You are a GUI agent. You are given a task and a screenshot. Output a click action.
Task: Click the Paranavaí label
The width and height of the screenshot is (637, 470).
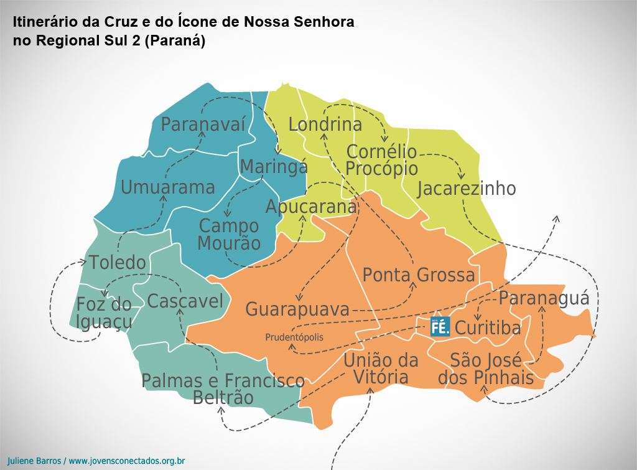tap(203, 124)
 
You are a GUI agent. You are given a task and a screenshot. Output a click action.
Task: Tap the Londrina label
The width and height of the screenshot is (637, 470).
tap(325, 125)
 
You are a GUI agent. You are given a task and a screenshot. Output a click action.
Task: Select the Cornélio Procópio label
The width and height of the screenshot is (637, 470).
tap(381, 160)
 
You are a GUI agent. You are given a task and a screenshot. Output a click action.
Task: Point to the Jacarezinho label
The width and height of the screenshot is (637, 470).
tap(466, 189)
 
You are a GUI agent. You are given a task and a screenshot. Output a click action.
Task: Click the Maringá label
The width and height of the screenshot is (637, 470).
tap(274, 167)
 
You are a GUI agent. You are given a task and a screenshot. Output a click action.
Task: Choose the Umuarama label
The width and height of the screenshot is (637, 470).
tap(167, 187)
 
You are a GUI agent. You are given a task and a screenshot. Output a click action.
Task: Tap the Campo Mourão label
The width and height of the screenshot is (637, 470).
tap(229, 234)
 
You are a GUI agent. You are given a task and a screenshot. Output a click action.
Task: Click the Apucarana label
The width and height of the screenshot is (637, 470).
tap(311, 207)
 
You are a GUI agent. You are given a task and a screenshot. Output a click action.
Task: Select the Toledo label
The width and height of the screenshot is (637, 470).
tap(117, 263)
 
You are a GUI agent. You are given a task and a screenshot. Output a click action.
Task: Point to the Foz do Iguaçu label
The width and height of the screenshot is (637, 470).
tap(104, 313)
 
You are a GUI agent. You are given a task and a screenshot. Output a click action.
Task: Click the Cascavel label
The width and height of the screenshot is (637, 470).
tap(185, 302)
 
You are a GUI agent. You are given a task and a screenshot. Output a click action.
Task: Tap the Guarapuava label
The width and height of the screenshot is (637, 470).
tap(297, 309)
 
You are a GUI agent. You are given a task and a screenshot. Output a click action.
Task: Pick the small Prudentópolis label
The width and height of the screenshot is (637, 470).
tap(294, 337)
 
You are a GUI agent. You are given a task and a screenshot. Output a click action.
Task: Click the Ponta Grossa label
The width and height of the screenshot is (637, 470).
tap(419, 275)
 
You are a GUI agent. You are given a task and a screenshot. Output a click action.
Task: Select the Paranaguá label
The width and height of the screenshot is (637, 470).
tap(544, 298)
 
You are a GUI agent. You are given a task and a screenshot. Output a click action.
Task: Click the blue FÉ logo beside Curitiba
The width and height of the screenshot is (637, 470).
tap(440, 326)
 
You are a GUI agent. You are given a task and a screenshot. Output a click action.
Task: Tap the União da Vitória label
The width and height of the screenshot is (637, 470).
tap(381, 369)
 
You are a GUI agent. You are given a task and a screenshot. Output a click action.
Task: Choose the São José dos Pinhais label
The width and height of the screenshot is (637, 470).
tap(486, 369)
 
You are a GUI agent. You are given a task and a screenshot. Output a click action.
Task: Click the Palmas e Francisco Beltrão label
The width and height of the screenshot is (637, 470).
tap(223, 388)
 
